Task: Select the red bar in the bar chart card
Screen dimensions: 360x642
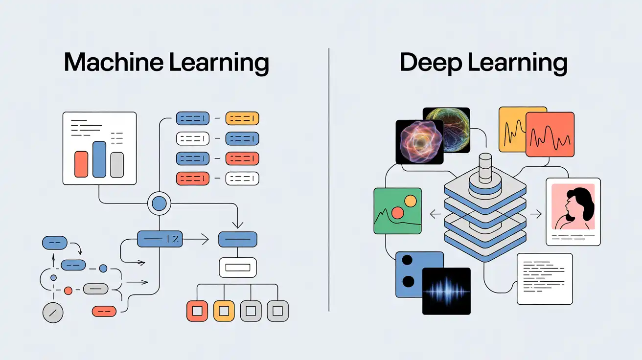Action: coord(81,164)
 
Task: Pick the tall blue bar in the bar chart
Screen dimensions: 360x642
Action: coord(99,159)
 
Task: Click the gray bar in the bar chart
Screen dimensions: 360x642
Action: coord(117,164)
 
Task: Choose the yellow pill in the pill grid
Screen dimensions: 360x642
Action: coord(242,118)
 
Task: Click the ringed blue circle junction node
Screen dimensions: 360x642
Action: coord(159,203)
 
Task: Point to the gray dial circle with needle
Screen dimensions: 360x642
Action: coord(53,313)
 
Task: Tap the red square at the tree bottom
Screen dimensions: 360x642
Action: coord(197,311)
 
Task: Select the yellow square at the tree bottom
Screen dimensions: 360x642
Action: coord(224,311)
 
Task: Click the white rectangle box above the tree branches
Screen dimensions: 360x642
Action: coord(237,267)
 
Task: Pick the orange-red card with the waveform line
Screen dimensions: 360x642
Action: coord(550,135)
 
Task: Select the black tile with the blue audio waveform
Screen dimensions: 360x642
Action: coord(446,291)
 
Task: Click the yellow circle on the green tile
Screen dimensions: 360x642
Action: coord(411,201)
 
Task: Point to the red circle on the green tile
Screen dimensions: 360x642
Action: coord(398,212)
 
